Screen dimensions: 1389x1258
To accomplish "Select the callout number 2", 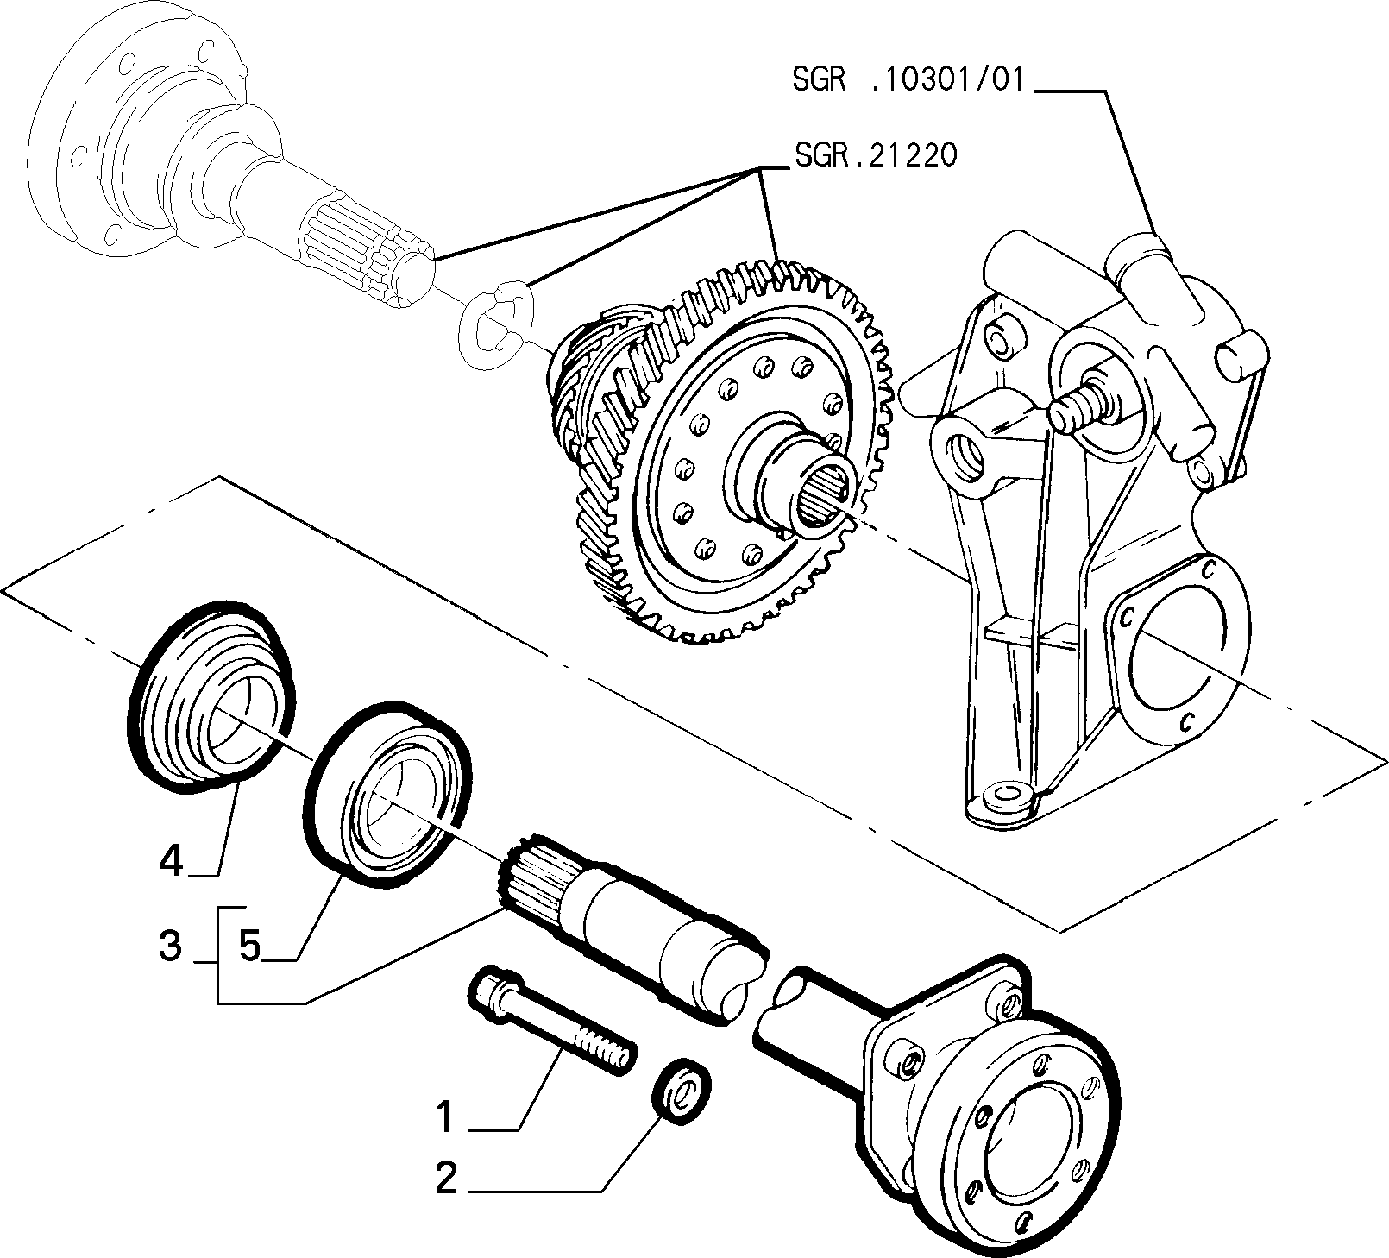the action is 445,1179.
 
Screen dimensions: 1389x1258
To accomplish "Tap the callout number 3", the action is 170,946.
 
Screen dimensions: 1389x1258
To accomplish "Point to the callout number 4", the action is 172,860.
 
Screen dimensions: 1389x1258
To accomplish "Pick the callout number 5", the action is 249,946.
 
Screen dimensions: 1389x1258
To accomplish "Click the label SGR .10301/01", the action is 907,80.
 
